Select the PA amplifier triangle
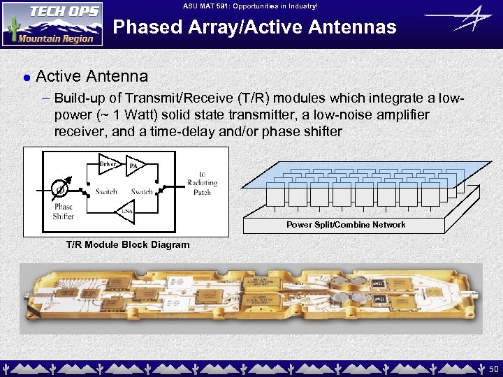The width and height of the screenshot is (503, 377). (x=134, y=166)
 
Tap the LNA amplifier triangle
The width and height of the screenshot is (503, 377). (x=126, y=211)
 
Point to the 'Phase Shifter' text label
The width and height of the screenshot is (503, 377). (x=63, y=212)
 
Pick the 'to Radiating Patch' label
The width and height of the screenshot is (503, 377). (x=202, y=183)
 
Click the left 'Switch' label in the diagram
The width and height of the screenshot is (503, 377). (x=106, y=192)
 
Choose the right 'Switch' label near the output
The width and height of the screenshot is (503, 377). (x=142, y=192)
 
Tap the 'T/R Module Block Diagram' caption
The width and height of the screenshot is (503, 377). (x=127, y=245)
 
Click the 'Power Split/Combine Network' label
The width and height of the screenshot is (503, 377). (x=346, y=225)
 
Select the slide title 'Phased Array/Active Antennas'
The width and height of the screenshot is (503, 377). (x=254, y=27)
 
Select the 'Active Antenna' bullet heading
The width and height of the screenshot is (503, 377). (x=92, y=75)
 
